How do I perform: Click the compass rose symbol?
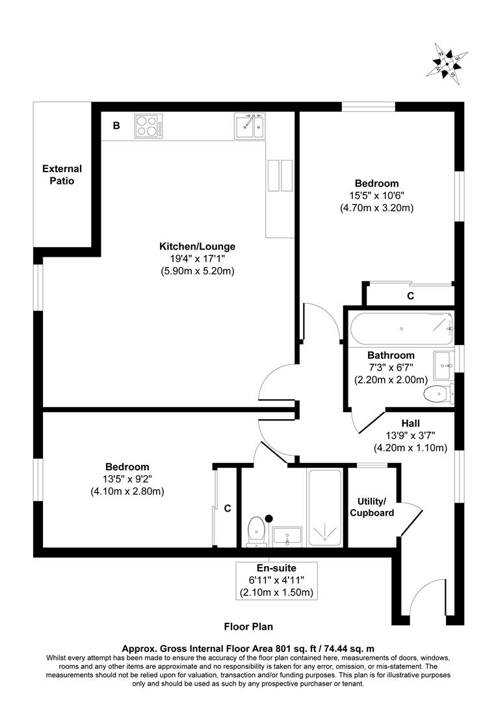448,62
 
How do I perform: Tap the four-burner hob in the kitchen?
149,125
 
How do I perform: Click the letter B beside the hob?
116,125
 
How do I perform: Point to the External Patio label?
62,175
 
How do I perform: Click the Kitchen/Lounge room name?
197,246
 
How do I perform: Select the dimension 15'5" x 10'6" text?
376,196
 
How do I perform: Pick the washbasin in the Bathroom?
445,364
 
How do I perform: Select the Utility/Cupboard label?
372,507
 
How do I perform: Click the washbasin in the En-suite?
287,536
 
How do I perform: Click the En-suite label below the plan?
276,568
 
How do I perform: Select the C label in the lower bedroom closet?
228,508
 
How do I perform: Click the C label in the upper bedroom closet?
410,296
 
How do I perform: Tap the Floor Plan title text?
248,627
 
